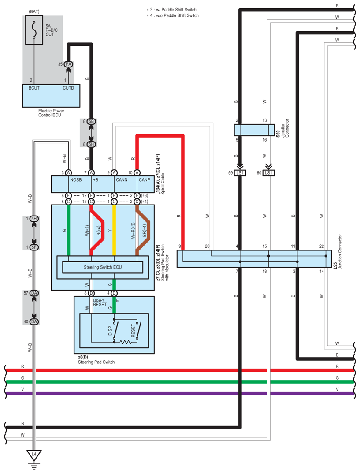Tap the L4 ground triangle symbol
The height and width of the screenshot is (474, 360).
pyautogui.click(x=33, y=454)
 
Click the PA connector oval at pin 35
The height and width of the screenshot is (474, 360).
pyautogui.click(x=68, y=64)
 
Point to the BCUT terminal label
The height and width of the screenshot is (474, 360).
pyautogui.click(x=34, y=88)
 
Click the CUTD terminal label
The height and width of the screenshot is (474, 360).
pyautogui.click(x=68, y=88)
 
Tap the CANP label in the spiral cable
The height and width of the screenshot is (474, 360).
pyautogui.click(x=144, y=180)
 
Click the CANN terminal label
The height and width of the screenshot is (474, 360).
pyautogui.click(x=121, y=180)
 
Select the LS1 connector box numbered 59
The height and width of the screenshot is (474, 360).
pyautogui.click(x=240, y=173)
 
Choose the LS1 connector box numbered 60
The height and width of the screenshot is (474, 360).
pyautogui.click(x=269, y=173)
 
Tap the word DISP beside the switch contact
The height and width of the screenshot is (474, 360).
pyautogui.click(x=110, y=332)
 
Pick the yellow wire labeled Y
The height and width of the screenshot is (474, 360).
pyautogui.click(x=114, y=229)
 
